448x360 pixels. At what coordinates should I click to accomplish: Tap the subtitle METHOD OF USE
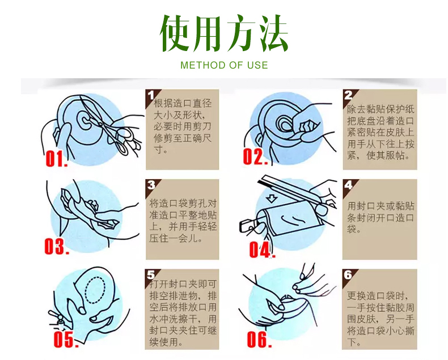[224, 65]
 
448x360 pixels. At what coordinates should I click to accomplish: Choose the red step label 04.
[261, 249]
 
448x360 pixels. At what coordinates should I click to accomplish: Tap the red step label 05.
[64, 338]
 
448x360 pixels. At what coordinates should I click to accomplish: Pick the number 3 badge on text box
[151, 185]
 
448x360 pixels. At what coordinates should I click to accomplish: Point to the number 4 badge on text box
[348, 185]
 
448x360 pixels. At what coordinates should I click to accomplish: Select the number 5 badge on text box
[151, 274]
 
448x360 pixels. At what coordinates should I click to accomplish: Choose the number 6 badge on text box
[348, 274]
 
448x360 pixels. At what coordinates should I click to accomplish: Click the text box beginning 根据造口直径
[182, 129]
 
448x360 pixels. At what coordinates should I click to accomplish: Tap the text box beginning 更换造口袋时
[379, 310]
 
